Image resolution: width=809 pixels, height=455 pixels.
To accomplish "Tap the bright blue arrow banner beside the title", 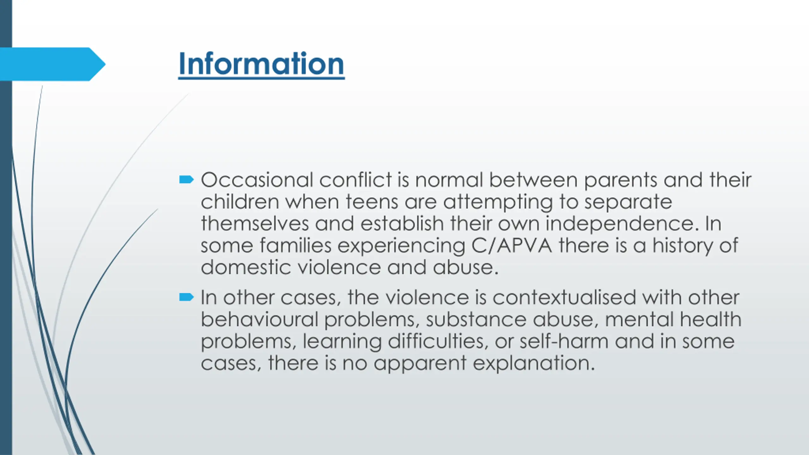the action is point(52,64).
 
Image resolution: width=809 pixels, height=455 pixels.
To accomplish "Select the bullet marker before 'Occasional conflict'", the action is point(186,180).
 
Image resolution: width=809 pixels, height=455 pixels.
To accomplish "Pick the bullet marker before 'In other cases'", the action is point(186,297).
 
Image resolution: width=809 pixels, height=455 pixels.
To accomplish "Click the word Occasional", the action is point(257,180).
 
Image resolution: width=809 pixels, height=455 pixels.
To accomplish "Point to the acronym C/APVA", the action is point(512,246).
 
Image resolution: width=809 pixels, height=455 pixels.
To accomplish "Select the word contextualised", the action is point(564,297).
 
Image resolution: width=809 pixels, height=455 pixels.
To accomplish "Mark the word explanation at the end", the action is point(534,363).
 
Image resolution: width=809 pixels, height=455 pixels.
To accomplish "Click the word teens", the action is point(372,202).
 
